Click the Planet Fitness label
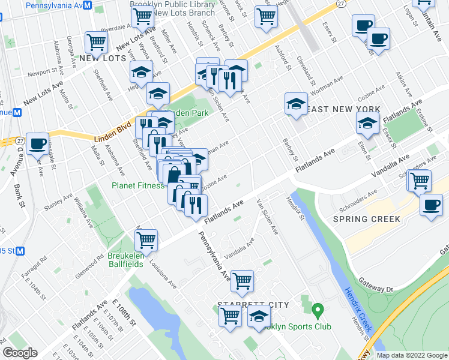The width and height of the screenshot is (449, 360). click(137, 185)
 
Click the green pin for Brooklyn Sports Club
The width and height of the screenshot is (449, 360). click(318, 311)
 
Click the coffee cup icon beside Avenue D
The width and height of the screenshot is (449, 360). click(38, 143)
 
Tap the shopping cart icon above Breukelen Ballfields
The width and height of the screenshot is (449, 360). click(146, 240)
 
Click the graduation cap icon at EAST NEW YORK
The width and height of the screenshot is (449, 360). click(296, 103)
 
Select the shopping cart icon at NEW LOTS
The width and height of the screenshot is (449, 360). click(96, 41)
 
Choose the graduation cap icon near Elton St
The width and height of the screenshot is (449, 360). click(367, 124)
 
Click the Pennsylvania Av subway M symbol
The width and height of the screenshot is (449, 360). click(87, 5)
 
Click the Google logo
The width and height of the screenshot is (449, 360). click(20, 353)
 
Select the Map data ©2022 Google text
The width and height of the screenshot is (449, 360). click(412, 355)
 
